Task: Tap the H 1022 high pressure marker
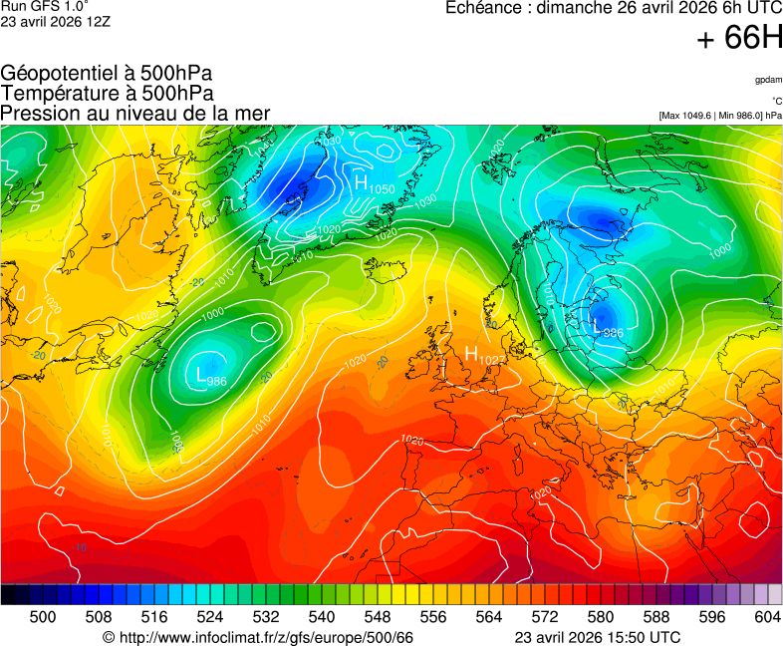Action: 485,355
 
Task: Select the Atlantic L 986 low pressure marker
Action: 211,376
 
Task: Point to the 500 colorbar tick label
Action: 43,617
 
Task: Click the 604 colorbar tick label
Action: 767,617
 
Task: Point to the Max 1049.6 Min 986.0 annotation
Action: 720,116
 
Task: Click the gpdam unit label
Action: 768,80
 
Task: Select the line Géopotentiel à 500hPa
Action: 107,74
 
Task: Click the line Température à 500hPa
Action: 107,93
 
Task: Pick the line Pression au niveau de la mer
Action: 135,113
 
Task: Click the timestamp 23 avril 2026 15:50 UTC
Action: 598,637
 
